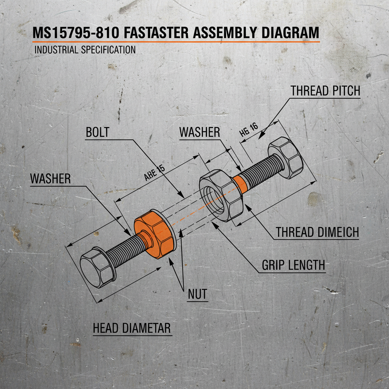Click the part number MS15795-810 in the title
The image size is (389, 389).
[x=76, y=33]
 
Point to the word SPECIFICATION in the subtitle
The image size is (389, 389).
[x=108, y=50]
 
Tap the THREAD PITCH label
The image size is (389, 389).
[x=325, y=91]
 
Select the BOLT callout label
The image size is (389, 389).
[x=98, y=132]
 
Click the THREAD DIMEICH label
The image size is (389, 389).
[x=317, y=232]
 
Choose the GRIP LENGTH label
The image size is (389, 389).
[x=294, y=265]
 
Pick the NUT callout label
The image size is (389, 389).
[x=198, y=294]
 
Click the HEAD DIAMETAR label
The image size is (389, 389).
[x=132, y=329]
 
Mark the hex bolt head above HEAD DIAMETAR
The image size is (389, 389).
[x=98, y=266]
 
